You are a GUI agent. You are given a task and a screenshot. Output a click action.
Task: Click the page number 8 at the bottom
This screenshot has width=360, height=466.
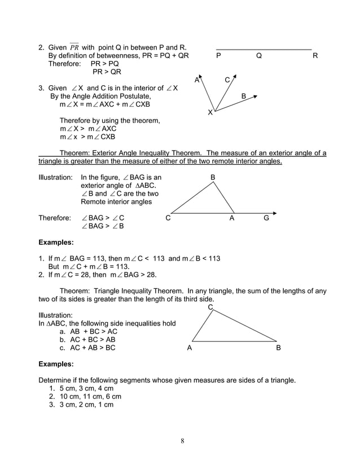click(182, 441)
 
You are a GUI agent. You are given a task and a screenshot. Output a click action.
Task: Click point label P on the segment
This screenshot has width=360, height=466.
click(218, 56)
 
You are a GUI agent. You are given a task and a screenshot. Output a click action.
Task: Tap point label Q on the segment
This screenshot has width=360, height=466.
click(259, 56)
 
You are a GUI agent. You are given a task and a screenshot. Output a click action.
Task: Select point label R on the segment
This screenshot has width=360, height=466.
click(315, 56)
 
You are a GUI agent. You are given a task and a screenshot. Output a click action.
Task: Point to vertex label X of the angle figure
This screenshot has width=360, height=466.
click(210, 113)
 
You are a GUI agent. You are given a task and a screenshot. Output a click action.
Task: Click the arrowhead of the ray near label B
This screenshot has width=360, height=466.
click(256, 96)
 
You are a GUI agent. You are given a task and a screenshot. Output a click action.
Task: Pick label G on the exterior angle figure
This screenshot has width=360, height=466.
click(266, 218)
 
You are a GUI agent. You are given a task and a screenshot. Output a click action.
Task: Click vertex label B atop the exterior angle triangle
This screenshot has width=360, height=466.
click(213, 178)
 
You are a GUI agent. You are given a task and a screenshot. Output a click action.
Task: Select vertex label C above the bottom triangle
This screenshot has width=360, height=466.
click(210, 307)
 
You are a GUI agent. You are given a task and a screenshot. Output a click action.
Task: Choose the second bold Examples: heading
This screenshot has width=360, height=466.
click(56, 364)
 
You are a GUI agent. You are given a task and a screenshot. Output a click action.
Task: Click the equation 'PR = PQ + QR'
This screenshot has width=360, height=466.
click(160, 56)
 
